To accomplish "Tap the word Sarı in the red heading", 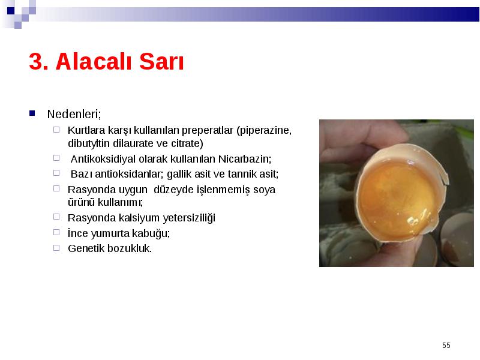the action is tap(161, 62).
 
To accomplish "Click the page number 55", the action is tap(446, 346).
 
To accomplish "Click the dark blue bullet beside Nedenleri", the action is tap(32, 113).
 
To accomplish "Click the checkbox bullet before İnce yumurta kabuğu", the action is tap(56, 232).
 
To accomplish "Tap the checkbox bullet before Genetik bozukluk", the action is tap(56, 248).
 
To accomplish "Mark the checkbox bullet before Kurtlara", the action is tap(56, 130).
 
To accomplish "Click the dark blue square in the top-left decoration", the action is tap(11, 11).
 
